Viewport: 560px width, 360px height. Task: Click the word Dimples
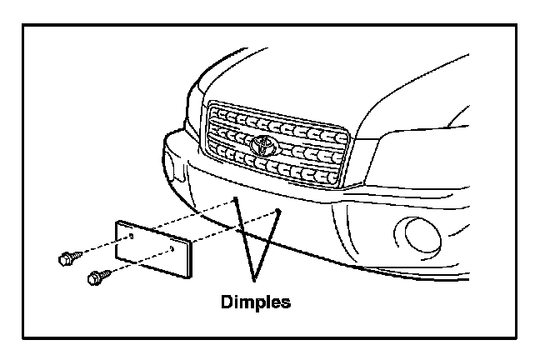256,302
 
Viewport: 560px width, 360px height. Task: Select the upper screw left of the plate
66,258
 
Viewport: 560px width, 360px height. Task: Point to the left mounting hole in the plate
132,236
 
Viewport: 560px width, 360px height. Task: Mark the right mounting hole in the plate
171,247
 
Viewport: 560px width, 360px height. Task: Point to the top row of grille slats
275,116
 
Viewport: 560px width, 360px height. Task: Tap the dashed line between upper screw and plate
102,247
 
